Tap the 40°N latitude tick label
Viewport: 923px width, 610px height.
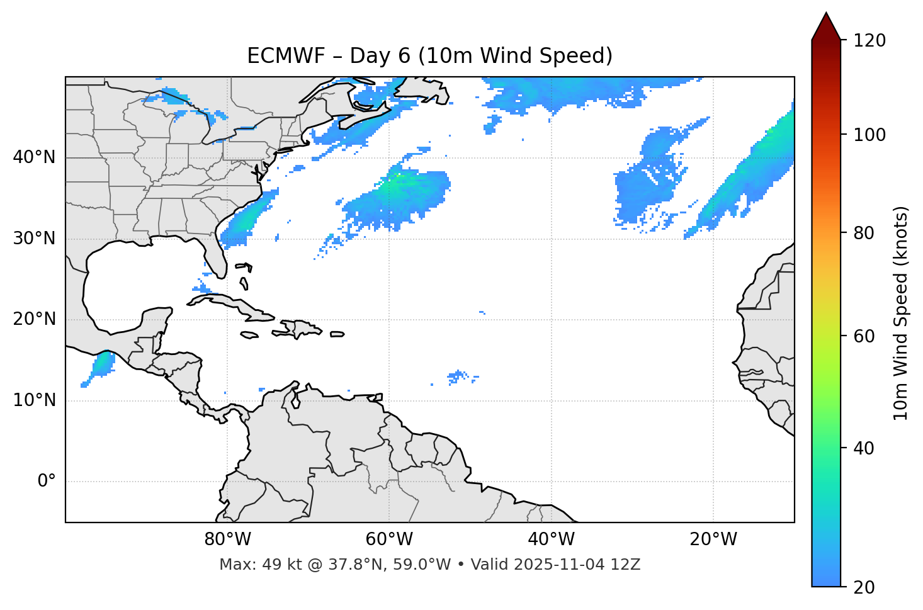click(34, 157)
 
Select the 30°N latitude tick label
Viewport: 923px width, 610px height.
click(34, 239)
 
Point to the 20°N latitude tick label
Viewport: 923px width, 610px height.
click(34, 319)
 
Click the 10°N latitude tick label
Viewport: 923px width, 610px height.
click(34, 400)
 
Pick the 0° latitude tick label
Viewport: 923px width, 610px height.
click(47, 482)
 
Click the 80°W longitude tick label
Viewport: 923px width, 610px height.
click(227, 539)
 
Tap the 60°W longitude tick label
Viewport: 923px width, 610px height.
click(389, 539)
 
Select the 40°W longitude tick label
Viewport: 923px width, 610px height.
click(551, 539)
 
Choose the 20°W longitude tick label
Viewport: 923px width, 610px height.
click(713, 539)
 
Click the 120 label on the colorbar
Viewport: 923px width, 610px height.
click(869, 41)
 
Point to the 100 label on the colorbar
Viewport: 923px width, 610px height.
click(869, 135)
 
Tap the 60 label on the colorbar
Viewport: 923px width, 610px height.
click(864, 336)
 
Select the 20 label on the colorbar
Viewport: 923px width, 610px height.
click(864, 587)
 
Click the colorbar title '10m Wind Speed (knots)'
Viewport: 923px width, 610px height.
click(901, 313)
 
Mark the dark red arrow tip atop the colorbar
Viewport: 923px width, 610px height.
click(826, 24)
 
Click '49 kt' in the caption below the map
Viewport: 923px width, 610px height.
click(269, 565)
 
